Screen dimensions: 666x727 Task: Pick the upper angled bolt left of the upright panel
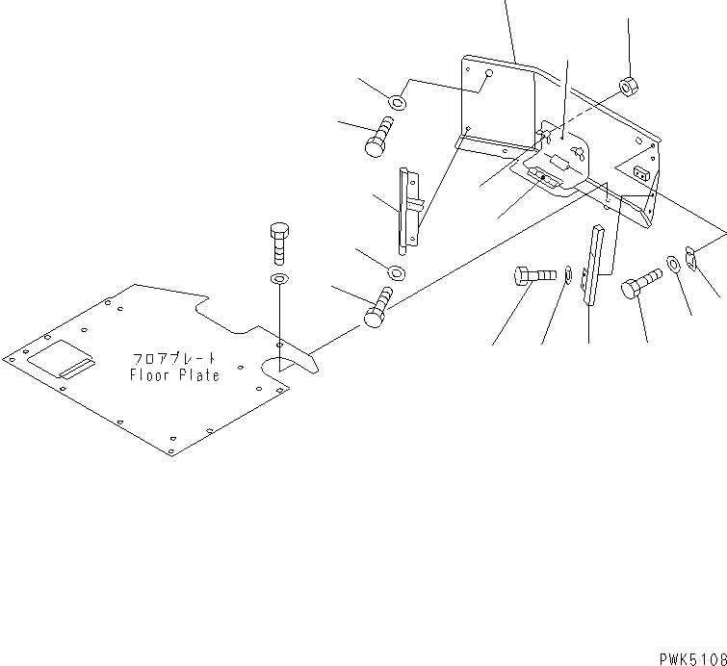click(378, 136)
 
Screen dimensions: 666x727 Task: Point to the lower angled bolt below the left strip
click(378, 306)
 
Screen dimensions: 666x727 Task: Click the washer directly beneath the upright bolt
click(279, 279)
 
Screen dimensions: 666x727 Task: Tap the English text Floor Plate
click(175, 375)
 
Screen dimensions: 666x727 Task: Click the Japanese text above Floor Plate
click(175, 358)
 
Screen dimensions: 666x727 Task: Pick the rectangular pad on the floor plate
click(62, 361)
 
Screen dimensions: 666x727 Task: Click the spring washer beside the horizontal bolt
click(568, 277)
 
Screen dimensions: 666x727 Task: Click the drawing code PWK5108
click(692, 658)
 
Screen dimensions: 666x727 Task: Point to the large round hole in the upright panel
click(489, 73)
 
